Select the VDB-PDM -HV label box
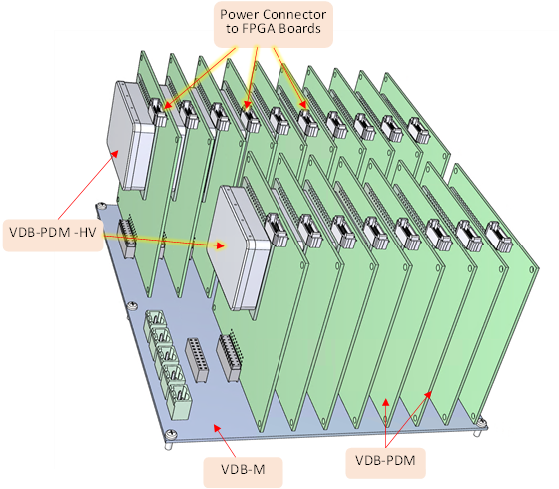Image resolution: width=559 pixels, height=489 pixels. click(53, 236)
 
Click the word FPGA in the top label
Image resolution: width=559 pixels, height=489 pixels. click(259, 29)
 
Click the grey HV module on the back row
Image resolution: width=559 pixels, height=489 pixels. click(131, 136)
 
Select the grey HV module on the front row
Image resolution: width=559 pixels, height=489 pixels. click(239, 247)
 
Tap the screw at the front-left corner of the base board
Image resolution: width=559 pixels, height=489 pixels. click(171, 434)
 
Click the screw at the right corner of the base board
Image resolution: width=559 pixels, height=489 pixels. click(482, 423)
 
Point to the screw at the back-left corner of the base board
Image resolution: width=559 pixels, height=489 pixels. click(101, 206)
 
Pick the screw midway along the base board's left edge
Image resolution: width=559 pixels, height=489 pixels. click(132, 305)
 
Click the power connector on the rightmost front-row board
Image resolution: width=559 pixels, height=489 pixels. click(500, 237)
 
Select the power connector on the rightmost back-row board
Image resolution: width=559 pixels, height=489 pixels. click(419, 130)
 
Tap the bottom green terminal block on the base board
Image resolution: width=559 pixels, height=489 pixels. click(180, 401)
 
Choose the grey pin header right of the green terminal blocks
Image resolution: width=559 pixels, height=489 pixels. click(196, 360)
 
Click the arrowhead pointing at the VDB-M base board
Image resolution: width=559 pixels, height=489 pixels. click(217, 428)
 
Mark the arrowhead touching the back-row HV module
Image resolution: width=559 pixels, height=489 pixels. click(115, 154)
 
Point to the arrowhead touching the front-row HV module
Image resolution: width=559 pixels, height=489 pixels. click(221, 245)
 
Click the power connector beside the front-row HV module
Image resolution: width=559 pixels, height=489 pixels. click(277, 230)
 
